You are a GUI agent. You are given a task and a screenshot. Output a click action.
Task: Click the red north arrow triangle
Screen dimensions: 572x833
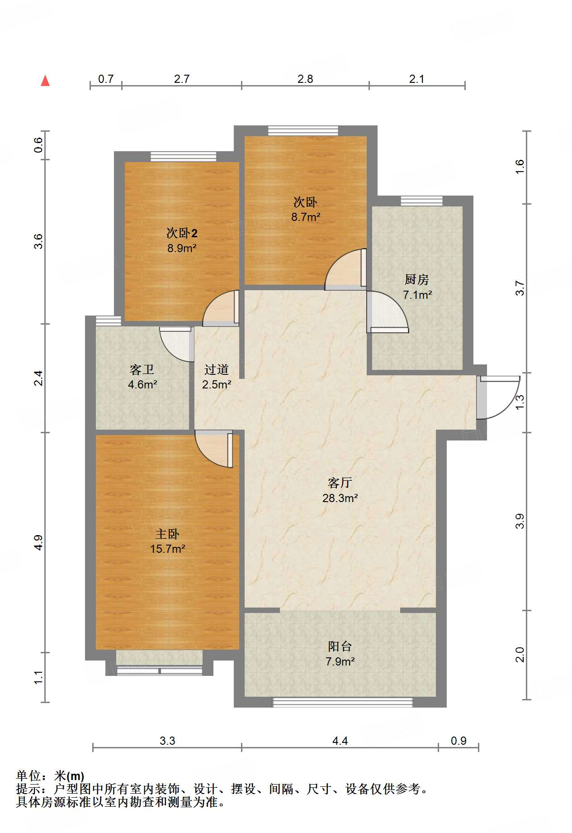[45, 81]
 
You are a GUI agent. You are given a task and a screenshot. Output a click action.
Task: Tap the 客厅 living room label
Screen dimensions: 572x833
[340, 483]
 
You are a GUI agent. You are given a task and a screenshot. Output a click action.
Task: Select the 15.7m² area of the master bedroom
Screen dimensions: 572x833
[168, 549]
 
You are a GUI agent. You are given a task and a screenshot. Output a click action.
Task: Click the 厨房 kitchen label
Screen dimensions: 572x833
[417, 279]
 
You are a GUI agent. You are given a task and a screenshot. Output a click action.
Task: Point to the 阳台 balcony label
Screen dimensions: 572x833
[340, 646]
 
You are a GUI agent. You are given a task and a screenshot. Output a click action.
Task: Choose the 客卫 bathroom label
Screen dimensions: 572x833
[142, 369]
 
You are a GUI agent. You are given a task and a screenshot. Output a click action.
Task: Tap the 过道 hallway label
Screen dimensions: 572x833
[217, 369]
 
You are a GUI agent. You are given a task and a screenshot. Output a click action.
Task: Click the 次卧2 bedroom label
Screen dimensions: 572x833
[182, 233]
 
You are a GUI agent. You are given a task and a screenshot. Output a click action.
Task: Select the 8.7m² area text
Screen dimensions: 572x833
[306, 217]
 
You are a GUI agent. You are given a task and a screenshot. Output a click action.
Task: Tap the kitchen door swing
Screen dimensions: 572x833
[388, 312]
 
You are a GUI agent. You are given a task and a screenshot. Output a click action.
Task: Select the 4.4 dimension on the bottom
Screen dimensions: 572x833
[340, 741]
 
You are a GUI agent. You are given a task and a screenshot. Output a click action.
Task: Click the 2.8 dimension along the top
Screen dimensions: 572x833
[305, 79]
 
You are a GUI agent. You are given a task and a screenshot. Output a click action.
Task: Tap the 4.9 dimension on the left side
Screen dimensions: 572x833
[38, 542]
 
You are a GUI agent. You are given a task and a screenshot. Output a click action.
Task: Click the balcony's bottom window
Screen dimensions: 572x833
[342, 702]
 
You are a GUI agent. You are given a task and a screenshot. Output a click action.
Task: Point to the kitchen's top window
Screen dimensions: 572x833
[421, 201]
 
